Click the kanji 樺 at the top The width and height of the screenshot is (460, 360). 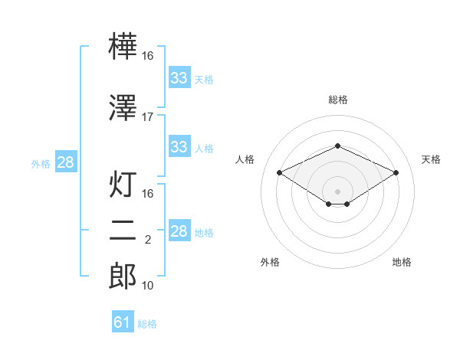pyautogui.click(x=123, y=46)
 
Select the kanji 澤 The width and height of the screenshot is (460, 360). pyautogui.click(x=123, y=107)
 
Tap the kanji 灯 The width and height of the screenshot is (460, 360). pyautogui.click(x=123, y=184)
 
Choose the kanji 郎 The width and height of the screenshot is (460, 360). pyautogui.click(x=123, y=276)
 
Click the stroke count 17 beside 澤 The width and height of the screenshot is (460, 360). pyautogui.click(x=147, y=117)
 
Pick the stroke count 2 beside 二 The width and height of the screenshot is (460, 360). pyautogui.click(x=148, y=240)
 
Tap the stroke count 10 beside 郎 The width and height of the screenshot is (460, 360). pyautogui.click(x=147, y=286)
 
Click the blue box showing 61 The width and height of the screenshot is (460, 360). pyautogui.click(x=123, y=321)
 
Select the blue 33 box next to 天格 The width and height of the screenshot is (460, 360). pyautogui.click(x=179, y=77)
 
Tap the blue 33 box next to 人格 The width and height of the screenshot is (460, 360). pyautogui.click(x=179, y=146)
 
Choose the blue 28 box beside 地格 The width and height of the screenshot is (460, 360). pyautogui.click(x=179, y=230)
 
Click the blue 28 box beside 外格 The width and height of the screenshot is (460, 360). pyautogui.click(x=66, y=162)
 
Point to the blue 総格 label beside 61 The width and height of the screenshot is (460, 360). pyautogui.click(x=147, y=324)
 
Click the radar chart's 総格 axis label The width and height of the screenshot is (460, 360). pyautogui.click(x=338, y=100)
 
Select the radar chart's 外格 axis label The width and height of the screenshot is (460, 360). pyautogui.click(x=270, y=262)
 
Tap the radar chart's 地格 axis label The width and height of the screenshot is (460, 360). pyautogui.click(x=402, y=262)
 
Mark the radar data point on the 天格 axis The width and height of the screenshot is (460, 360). pyautogui.click(x=396, y=172)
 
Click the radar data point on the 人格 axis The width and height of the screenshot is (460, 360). pyautogui.click(x=280, y=172)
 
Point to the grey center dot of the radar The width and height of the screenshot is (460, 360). pyautogui.click(x=337, y=191)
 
